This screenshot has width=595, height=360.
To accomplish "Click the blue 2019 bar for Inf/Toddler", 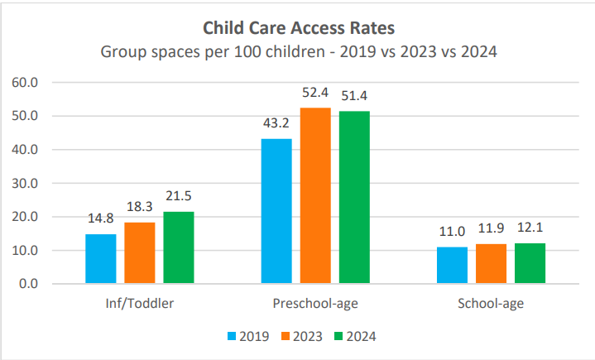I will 101,259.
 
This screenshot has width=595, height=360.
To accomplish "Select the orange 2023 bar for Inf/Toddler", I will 140,253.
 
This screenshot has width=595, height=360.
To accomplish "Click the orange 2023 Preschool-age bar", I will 315,196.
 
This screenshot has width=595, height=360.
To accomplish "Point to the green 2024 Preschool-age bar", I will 354,198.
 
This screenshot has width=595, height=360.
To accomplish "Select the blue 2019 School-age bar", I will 452,266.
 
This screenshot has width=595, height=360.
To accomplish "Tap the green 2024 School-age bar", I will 530,264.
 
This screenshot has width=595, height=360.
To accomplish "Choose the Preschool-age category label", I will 315,304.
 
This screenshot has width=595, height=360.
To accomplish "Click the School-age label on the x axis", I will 491,304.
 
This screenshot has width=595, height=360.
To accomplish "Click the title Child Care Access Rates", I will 298,30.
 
